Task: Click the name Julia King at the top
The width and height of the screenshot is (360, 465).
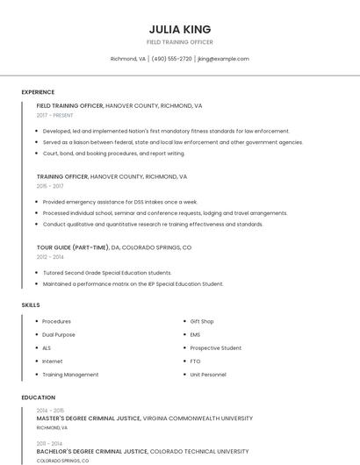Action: (179, 29)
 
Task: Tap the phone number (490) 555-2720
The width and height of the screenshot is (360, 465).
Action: (171, 59)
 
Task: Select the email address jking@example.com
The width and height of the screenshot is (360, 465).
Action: (223, 59)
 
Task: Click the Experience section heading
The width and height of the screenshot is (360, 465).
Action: (38, 92)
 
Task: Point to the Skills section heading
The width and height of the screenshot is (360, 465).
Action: (31, 304)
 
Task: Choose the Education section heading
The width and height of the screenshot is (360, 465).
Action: (38, 397)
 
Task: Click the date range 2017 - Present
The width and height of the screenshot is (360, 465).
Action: (55, 115)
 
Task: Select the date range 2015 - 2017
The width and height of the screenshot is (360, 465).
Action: (50, 186)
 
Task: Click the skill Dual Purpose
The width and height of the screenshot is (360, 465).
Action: (59, 334)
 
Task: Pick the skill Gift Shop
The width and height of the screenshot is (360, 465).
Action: (202, 321)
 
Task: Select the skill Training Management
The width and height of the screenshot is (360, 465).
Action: (70, 375)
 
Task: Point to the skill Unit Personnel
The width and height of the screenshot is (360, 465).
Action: (208, 375)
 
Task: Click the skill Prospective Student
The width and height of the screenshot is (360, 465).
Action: (216, 347)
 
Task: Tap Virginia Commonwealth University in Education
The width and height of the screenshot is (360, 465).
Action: (198, 418)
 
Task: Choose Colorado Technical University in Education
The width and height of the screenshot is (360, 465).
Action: (198, 451)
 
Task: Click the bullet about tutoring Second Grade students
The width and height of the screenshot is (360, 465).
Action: (107, 272)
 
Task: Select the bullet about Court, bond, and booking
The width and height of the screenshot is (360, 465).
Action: (114, 154)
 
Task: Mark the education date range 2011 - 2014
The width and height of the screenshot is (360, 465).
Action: (50, 443)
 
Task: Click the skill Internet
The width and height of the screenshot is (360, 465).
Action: (53, 361)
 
